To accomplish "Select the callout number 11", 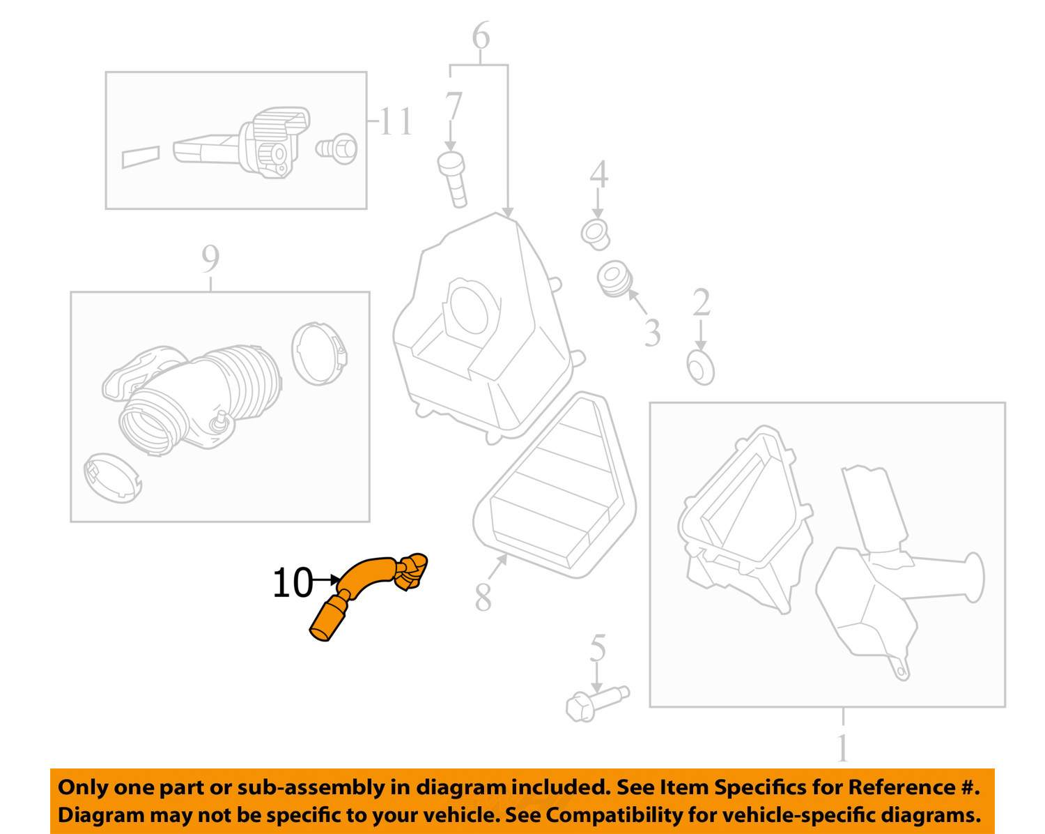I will (x=396, y=122).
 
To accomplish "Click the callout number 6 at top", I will (x=481, y=36).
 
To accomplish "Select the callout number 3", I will (x=652, y=333).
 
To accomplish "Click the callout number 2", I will (x=701, y=303).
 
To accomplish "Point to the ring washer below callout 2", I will (x=700, y=368).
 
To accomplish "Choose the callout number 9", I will (x=210, y=259).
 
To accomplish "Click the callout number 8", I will (x=483, y=597).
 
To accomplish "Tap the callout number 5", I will (x=598, y=649).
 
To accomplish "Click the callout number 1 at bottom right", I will (x=843, y=748).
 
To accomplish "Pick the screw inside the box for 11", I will (x=338, y=149).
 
